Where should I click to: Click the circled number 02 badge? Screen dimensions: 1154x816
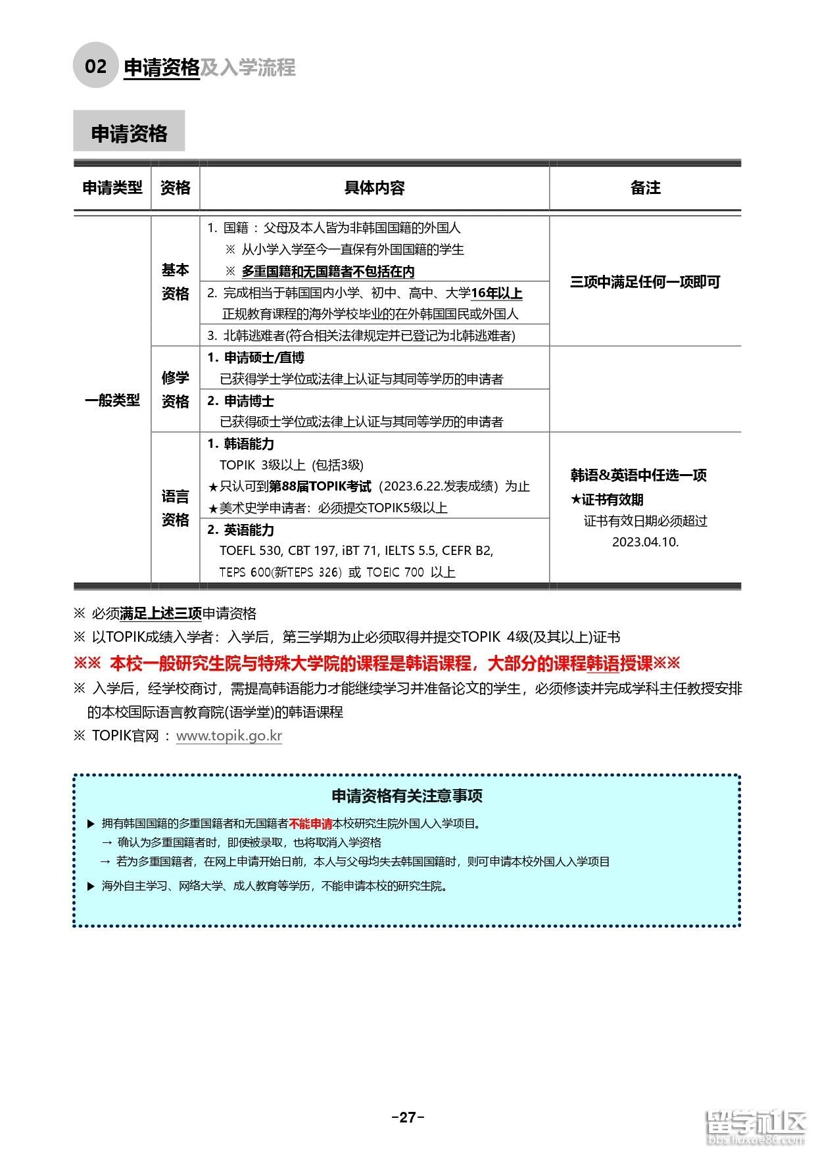point(95,66)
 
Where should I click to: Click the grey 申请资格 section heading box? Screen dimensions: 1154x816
point(129,132)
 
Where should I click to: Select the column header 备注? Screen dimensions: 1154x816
point(645,188)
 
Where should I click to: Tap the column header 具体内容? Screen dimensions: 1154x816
point(374,188)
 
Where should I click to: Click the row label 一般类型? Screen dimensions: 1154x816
point(112,400)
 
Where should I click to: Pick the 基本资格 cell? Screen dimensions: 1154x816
point(175,281)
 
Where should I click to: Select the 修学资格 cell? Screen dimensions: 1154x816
point(175,389)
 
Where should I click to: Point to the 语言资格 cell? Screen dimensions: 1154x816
point(175,508)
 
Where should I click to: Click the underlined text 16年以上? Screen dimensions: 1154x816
point(496,293)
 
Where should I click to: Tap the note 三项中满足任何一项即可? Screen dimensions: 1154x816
point(645,282)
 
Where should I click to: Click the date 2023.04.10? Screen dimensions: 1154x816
point(645,542)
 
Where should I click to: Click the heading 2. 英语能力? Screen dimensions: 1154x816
point(241,530)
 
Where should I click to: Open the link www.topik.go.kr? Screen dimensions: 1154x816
point(229,736)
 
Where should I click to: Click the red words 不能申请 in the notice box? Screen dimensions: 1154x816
point(310,824)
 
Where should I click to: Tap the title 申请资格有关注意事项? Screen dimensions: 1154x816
point(407,796)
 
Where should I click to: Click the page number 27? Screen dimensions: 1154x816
point(408,1117)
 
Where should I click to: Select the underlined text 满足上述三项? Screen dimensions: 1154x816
point(160,613)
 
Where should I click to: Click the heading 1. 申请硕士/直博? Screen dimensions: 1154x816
point(256,358)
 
